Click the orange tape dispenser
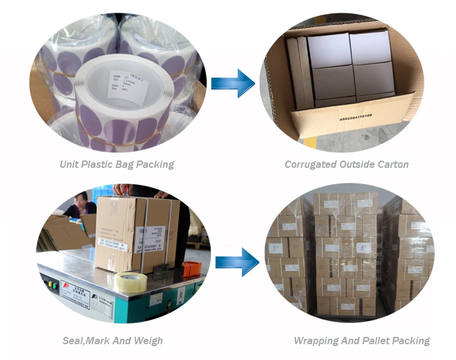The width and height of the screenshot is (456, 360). [191, 268]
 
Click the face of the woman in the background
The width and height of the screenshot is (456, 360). [81, 199]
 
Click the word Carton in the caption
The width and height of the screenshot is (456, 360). [392, 164]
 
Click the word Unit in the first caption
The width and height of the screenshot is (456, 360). [69, 164]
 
